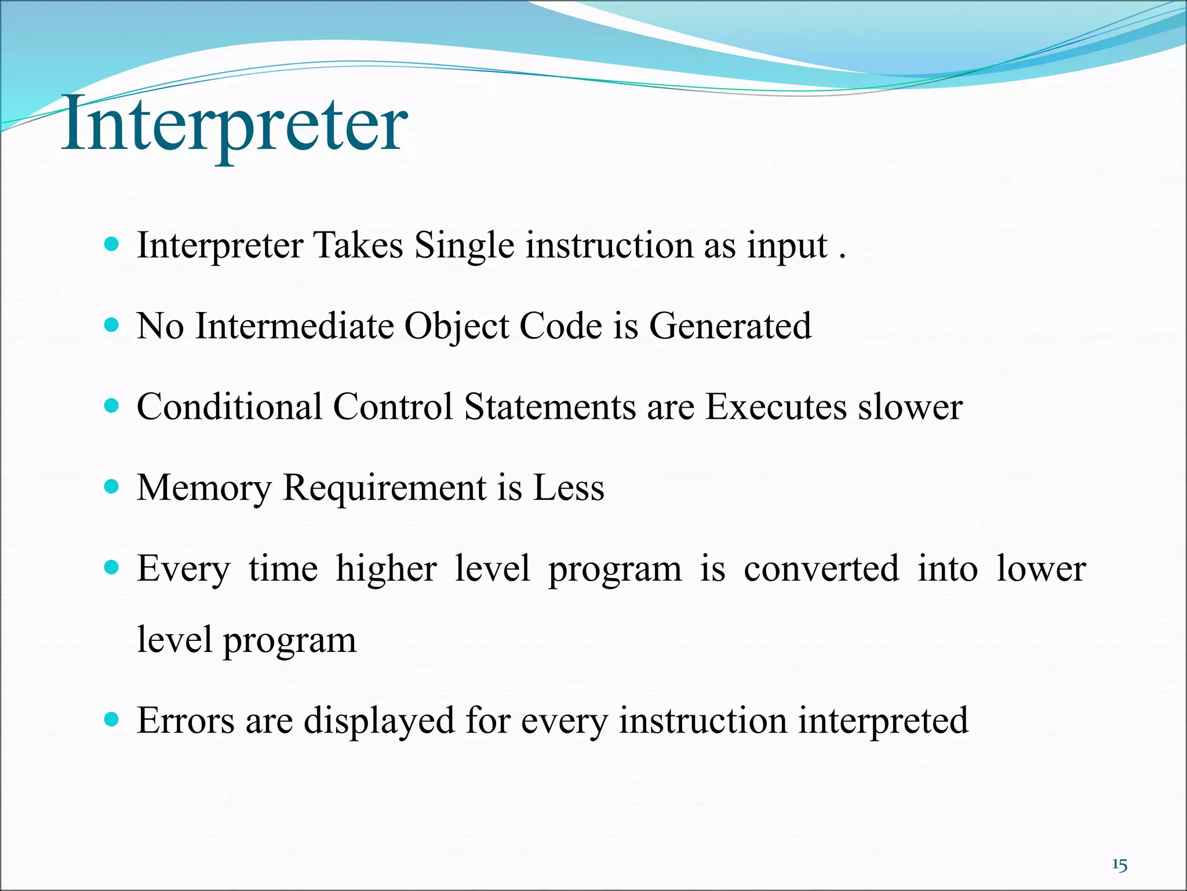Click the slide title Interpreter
234,125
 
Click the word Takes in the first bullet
358,245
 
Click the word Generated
730,326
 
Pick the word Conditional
230,407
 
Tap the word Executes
776,407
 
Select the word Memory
204,488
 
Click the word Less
568,487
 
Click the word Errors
186,720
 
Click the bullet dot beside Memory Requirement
111,486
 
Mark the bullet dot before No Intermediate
111,324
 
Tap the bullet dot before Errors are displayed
111,719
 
